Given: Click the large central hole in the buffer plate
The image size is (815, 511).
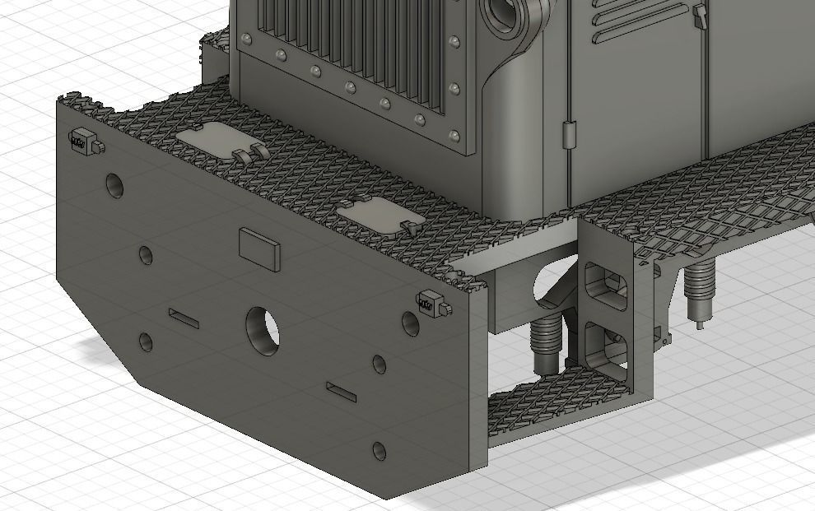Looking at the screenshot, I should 262,331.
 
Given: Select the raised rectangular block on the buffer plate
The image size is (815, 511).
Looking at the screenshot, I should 258,249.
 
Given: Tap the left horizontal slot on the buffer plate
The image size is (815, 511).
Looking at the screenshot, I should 184,318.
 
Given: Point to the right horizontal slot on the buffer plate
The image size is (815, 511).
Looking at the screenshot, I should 341,392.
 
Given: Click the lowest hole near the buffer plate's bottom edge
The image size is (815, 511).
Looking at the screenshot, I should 379,451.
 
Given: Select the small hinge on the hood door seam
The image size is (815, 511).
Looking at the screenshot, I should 568,132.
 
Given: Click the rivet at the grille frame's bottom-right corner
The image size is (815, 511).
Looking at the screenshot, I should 454,135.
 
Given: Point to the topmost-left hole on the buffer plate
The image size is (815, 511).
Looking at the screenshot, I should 114,185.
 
